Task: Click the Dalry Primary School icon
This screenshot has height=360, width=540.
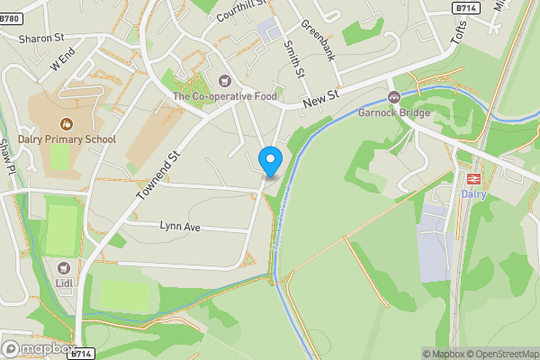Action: (65, 123)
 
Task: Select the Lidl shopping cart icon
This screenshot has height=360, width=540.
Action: (64, 268)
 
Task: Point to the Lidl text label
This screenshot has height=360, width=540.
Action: (64, 284)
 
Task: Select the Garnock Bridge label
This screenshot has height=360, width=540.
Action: (393, 113)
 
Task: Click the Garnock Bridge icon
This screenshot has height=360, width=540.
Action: (393, 97)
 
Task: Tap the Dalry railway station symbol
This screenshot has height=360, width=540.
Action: (473, 178)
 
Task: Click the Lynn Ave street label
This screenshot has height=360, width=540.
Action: (179, 227)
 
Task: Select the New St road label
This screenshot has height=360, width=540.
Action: (319, 102)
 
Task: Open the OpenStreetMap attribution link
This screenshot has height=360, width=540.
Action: (501, 354)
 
